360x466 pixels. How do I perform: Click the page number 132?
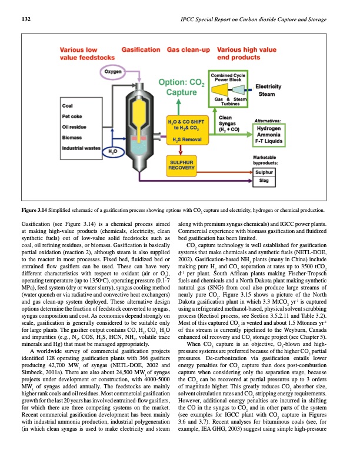click(18, 20)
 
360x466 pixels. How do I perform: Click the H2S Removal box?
click(189, 139)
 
